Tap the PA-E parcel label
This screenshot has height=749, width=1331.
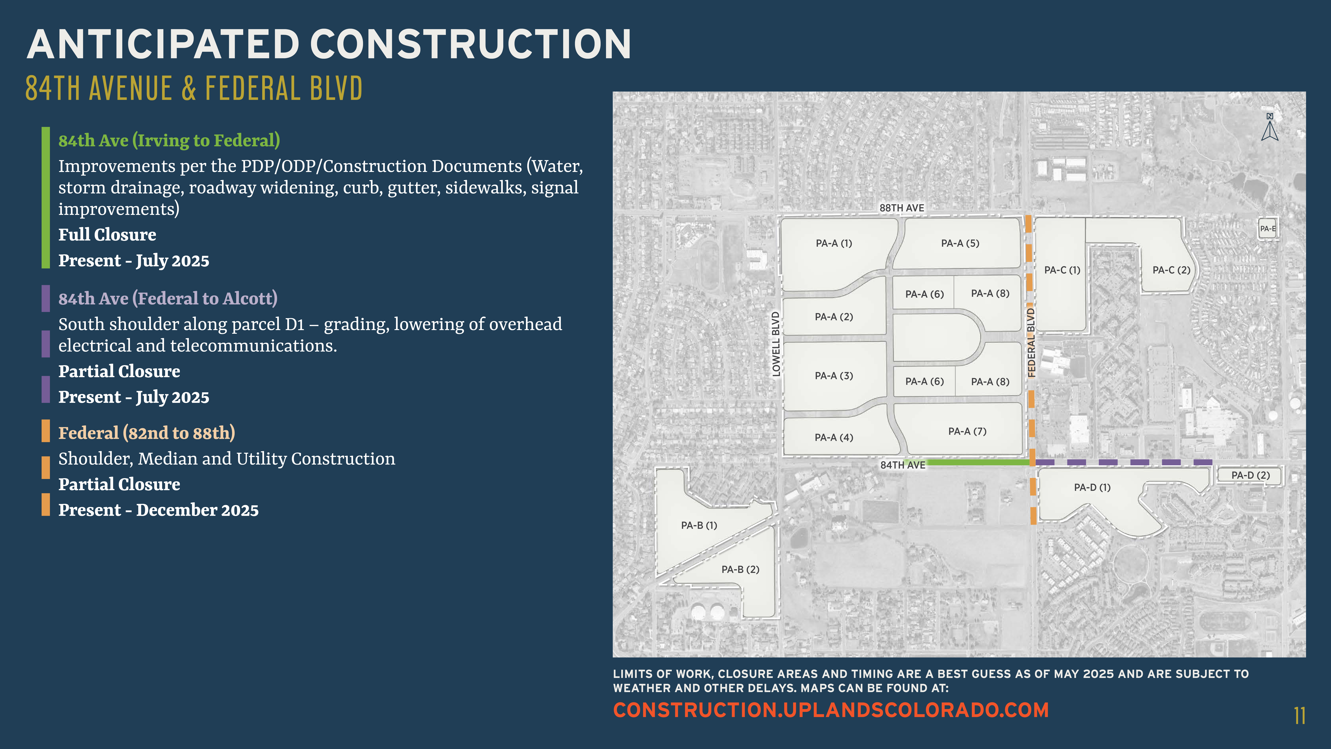coord(1267,229)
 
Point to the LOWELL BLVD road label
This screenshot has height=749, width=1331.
coord(775,344)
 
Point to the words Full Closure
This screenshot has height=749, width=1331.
coord(107,235)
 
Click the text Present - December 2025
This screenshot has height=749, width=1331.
coord(158,510)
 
